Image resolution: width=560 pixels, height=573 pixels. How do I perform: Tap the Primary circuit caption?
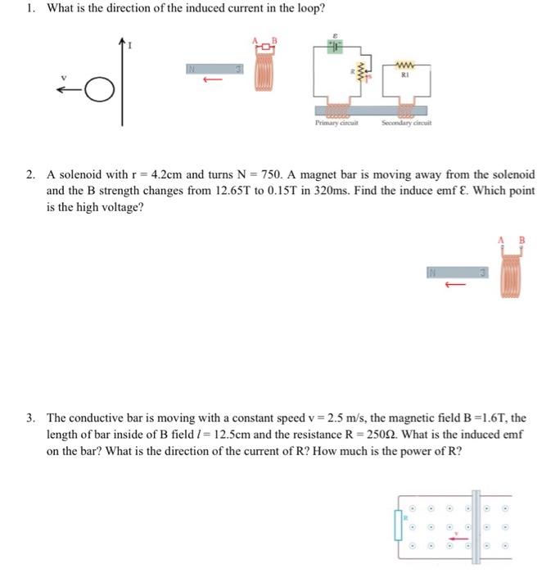pyautogui.click(x=333, y=124)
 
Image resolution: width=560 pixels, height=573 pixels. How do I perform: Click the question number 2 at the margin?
pyautogui.click(x=29, y=175)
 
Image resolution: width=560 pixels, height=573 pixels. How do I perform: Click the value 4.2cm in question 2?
pyautogui.click(x=155, y=175)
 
